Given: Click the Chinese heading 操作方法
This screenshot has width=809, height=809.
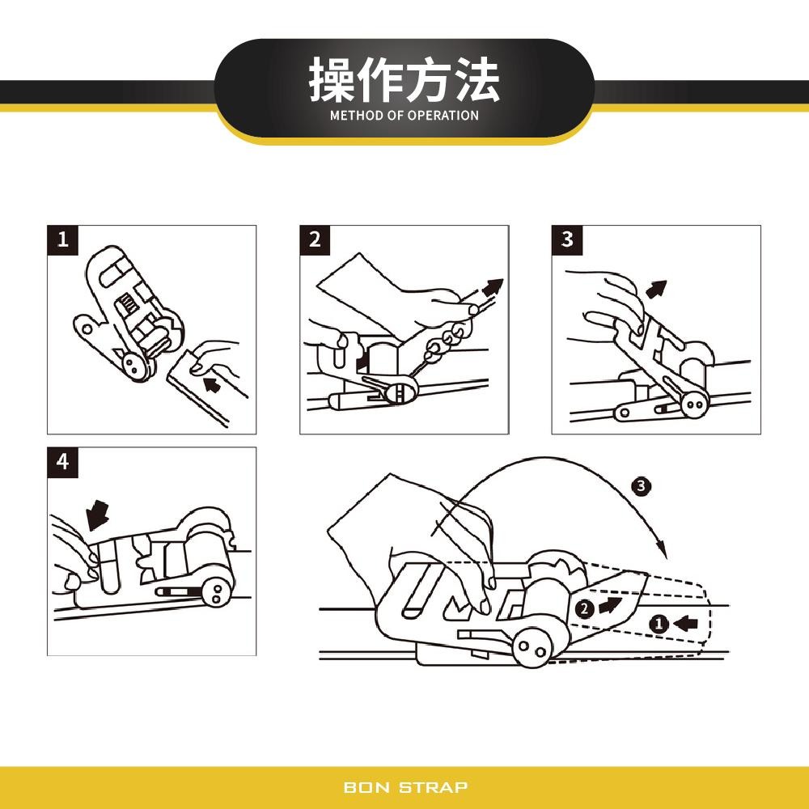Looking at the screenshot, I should click(404, 80).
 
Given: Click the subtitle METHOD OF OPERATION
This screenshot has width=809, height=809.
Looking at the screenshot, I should click(404, 116).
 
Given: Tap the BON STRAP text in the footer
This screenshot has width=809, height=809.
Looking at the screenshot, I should click(404, 787).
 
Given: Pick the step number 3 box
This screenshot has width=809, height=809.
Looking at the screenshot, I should click(568, 240).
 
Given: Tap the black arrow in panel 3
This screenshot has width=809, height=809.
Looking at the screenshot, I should click(657, 290).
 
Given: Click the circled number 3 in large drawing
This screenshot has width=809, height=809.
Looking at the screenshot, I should click(641, 486).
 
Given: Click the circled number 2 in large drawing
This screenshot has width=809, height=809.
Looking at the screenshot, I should click(583, 609).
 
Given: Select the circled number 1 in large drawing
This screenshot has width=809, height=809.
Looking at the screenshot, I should click(659, 624).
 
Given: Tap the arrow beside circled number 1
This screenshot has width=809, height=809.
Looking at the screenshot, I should click(685, 623).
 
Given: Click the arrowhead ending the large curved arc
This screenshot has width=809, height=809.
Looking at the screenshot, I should click(663, 550).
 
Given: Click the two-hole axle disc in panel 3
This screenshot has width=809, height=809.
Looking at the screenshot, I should click(693, 402).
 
